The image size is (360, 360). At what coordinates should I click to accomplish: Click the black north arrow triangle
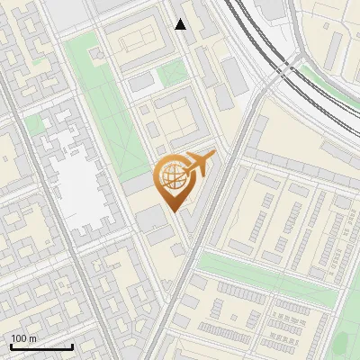pyautogui.click(x=181, y=24)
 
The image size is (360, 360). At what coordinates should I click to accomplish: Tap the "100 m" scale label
pyautogui.click(x=24, y=338)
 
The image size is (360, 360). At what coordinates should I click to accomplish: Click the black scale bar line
pyautogui.click(x=41, y=346)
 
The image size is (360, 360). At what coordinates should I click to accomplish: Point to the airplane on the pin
pyautogui.click(x=199, y=165)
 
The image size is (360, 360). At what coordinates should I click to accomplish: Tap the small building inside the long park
pyautogui.click(x=97, y=55)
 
